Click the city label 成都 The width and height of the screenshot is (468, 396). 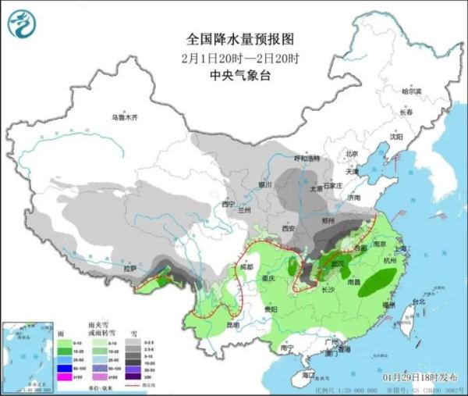pos(247,267)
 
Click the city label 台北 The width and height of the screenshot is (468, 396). pos(419,301)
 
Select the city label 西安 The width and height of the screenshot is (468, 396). pos(287,229)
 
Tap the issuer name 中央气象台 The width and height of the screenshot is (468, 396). pos(232,76)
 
